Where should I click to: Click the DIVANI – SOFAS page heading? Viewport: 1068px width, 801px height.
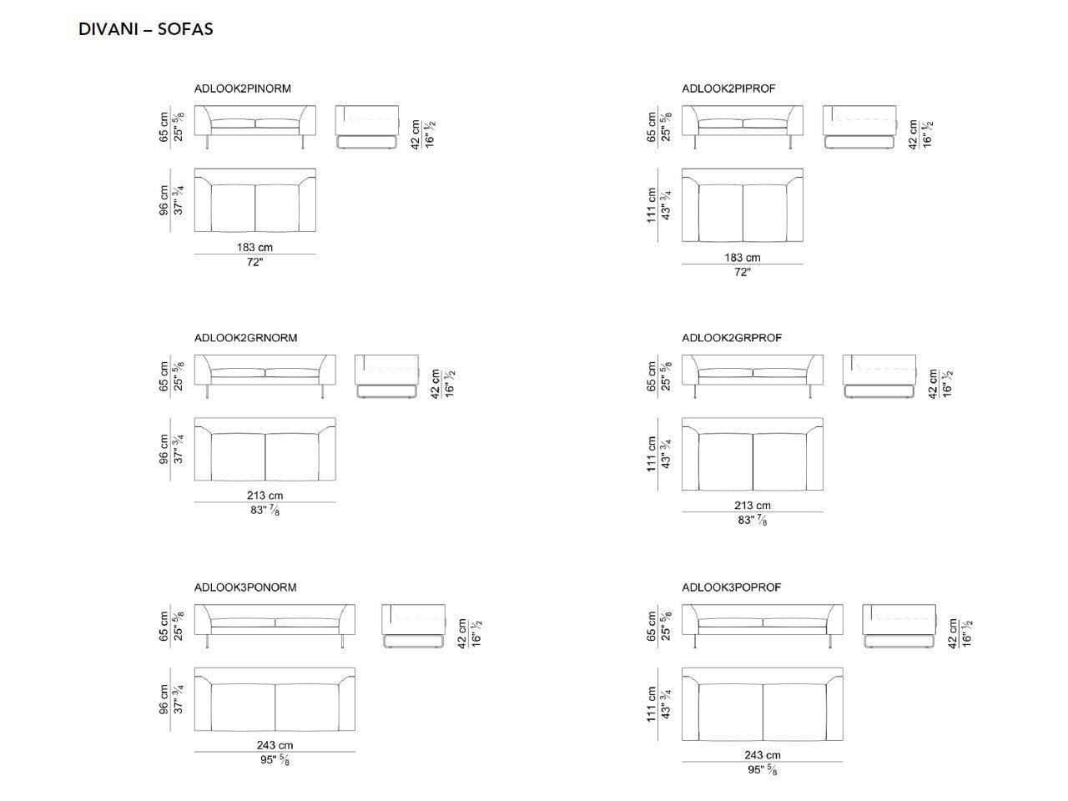(x=146, y=29)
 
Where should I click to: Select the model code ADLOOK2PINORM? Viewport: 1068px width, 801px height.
(x=242, y=88)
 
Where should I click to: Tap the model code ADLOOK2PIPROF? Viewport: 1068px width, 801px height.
(x=728, y=88)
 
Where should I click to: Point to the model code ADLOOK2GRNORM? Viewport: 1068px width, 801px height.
(x=245, y=338)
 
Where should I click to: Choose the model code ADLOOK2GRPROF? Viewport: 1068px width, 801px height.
(x=732, y=338)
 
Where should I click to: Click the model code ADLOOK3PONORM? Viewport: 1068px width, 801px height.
(x=245, y=587)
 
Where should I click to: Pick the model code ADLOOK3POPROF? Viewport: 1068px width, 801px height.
(x=732, y=587)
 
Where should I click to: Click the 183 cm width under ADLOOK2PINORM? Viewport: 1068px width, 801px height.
(x=254, y=247)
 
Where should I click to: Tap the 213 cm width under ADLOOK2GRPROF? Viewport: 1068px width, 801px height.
(x=752, y=505)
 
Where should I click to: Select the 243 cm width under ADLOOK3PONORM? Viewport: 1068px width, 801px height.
(x=275, y=745)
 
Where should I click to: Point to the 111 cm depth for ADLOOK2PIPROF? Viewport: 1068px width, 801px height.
(x=652, y=205)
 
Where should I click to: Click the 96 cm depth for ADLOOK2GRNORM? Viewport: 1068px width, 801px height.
(x=164, y=450)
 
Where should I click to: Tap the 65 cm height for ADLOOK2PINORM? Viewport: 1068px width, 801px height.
(x=164, y=127)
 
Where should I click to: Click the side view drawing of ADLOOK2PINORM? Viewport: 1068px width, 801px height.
(x=368, y=128)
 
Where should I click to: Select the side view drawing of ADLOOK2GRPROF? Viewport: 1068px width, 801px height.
(x=879, y=377)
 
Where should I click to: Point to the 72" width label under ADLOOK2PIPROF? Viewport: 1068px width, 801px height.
(x=742, y=272)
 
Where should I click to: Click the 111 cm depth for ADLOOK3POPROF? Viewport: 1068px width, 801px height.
(x=652, y=704)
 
